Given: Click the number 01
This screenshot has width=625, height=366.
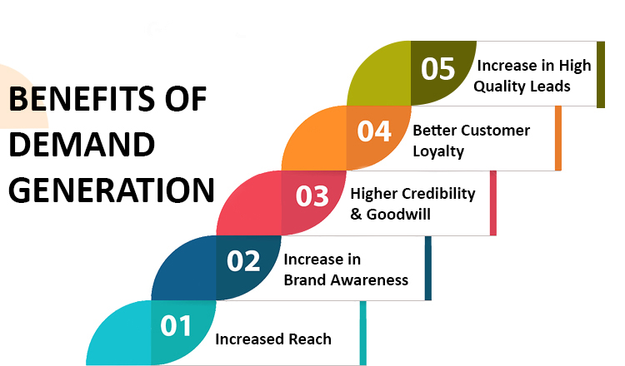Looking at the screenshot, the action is [176, 326].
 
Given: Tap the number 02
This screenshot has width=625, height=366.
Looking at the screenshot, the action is [243, 261].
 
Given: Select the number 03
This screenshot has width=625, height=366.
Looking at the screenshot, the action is [312, 196].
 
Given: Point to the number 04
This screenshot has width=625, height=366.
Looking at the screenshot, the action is [374, 131].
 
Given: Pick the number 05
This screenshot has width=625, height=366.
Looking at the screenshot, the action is [437, 68].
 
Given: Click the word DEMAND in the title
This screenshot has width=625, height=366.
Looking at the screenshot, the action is [82, 145].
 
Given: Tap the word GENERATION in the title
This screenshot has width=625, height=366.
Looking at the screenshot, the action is [112, 190].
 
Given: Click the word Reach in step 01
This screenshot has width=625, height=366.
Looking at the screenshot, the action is [310, 339].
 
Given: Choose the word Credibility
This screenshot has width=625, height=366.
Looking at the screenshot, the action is [438, 194].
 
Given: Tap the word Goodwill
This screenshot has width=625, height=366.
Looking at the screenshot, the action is [398, 215].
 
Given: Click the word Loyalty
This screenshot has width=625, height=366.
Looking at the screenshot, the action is [438, 151].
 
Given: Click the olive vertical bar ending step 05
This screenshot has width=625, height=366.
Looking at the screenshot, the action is [601, 74].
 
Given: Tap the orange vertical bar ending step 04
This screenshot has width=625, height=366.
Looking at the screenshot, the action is [558, 138].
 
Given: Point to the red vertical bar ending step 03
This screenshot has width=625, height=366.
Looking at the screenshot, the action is [493, 203].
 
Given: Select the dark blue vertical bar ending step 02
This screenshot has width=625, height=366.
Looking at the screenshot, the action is [428, 268].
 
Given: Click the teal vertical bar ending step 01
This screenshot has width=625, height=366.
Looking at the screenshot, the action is [362, 333].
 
